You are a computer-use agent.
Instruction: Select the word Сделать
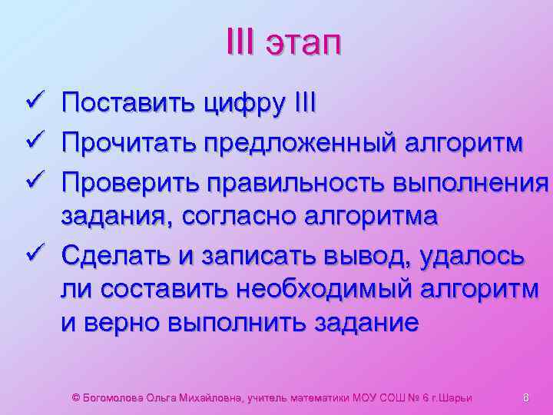119,254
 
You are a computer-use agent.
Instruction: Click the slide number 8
526,397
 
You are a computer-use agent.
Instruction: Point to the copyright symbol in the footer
75,397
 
